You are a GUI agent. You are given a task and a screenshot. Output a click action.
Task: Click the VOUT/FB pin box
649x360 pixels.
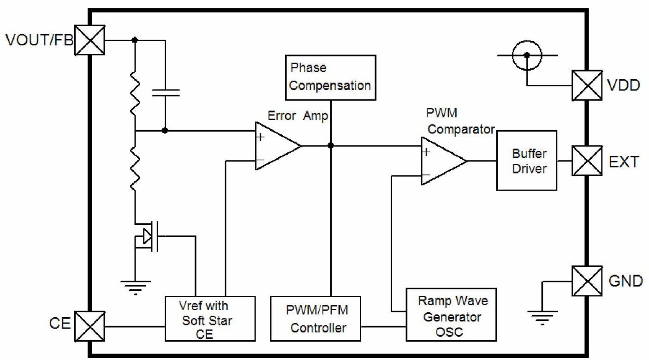point(89,40)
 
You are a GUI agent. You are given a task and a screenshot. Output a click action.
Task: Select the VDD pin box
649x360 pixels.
point(587,85)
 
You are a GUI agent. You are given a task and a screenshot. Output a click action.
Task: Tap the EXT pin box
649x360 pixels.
point(587,161)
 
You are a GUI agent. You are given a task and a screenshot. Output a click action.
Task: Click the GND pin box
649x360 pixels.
point(587,281)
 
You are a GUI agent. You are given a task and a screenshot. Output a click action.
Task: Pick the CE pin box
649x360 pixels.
point(89,326)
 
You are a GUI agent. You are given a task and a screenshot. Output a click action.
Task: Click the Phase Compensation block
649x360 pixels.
point(330,77)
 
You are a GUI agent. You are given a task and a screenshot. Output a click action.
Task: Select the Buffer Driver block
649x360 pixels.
point(526,160)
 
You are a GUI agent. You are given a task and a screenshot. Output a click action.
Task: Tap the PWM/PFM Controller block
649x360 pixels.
point(316,319)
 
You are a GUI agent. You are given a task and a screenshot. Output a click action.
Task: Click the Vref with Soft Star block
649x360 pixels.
point(210,319)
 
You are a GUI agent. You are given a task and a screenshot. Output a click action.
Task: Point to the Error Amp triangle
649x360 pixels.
point(276,146)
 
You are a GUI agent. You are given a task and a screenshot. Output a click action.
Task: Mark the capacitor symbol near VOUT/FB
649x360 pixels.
point(165,92)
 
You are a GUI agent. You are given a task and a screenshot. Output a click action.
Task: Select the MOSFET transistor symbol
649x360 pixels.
point(150,237)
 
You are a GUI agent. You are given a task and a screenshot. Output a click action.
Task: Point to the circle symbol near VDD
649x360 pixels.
point(526,54)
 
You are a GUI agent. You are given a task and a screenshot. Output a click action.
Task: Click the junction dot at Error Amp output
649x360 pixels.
point(331,146)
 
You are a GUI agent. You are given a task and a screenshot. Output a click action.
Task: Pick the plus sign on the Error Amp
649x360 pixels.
point(261,137)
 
